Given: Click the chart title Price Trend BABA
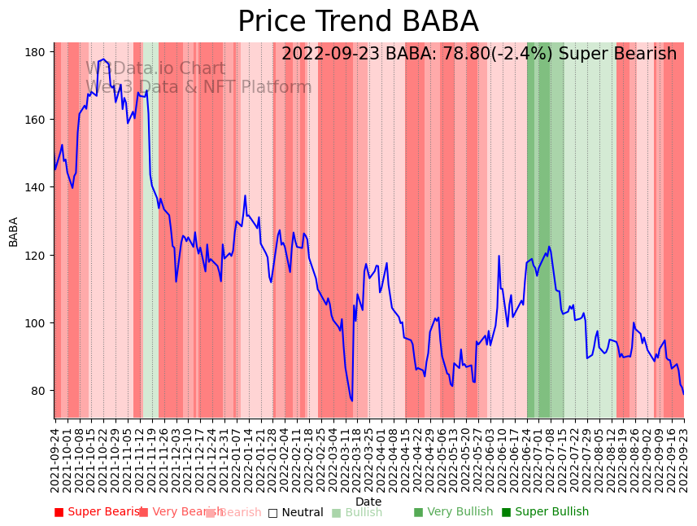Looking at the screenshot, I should (358, 22).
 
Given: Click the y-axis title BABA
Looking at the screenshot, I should (14, 231).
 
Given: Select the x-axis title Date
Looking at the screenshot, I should (368, 502).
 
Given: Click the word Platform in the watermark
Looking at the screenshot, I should (274, 87).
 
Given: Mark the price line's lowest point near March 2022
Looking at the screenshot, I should (352, 401).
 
